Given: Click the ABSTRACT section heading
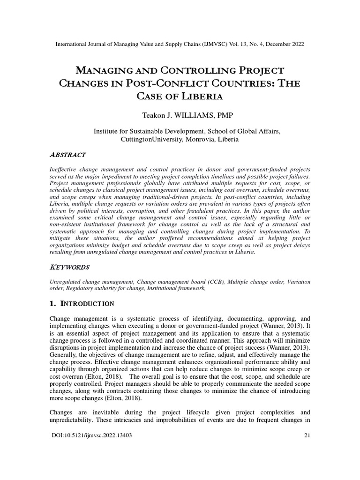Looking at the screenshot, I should (x=67, y=155).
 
